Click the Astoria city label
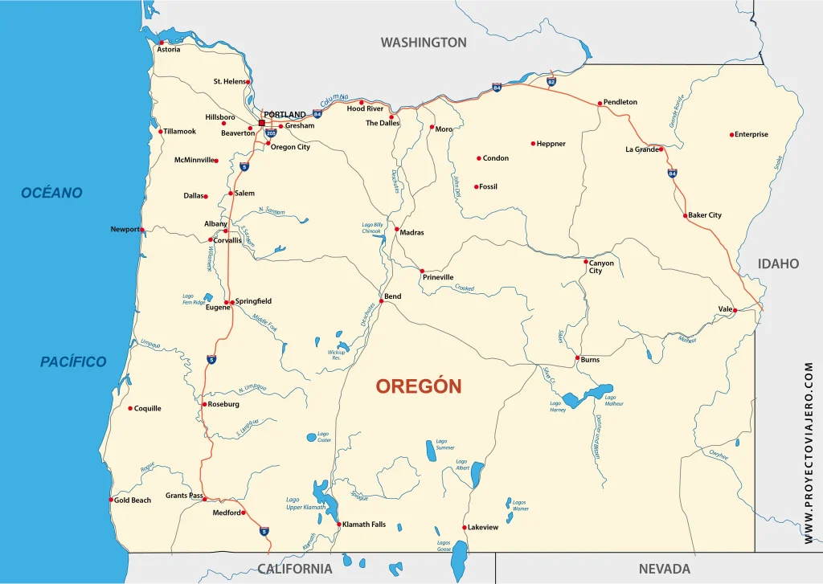tap(169, 50)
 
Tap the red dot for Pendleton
tap(600, 103)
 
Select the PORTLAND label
tap(285, 115)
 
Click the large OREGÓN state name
tap(419, 386)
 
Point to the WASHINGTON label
tap(424, 43)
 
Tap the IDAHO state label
tap(778, 263)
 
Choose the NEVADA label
tap(665, 569)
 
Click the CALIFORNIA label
tap(295, 569)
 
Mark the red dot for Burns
tap(577, 357)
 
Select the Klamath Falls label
tap(364, 525)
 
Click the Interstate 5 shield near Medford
tap(264, 531)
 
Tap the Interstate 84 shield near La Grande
tap(672, 173)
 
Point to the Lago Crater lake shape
tap(312, 438)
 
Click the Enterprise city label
tap(751, 135)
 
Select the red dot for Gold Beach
tap(111, 500)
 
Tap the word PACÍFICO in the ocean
tap(73, 362)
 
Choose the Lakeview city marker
tap(465, 528)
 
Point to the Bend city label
tap(392, 296)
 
